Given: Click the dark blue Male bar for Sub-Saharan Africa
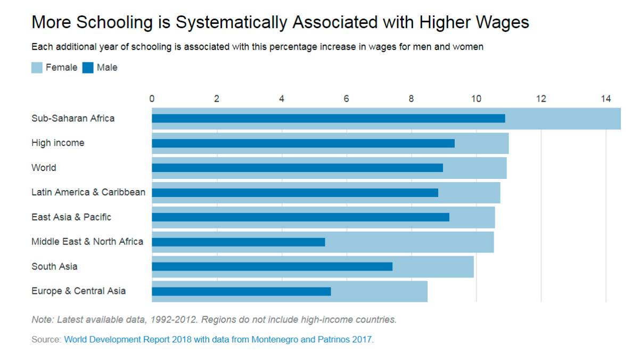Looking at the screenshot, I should point(328,118).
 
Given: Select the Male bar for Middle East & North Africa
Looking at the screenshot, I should point(238,242).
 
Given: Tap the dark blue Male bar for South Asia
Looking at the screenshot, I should point(272,266).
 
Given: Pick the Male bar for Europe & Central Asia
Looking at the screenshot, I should point(241,291).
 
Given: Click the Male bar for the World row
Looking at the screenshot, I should point(297,168).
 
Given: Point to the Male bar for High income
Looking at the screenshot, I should point(303,143).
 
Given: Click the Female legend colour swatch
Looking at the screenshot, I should point(37,68).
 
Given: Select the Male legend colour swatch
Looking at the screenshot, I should point(88,68).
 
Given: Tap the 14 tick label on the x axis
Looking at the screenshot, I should point(605,99).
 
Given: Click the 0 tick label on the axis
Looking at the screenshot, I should point(152,99).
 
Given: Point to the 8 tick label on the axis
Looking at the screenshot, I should point(411,99).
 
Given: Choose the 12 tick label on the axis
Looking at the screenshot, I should point(540,99).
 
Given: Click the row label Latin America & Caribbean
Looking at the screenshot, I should point(88,192).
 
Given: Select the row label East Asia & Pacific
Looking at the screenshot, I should point(71,217).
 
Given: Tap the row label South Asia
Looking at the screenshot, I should point(54,266).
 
